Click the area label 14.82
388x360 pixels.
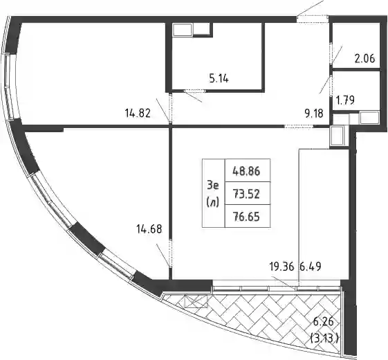138,114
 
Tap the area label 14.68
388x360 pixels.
149,229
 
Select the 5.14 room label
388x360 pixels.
219,78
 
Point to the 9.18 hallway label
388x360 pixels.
314,114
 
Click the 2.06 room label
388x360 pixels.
365,59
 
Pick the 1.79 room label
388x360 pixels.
345,100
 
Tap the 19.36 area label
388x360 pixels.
282,267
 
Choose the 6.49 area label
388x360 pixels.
311,267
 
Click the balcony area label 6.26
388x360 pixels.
324,322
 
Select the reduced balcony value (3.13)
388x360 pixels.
324,338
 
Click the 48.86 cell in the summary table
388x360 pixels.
246,171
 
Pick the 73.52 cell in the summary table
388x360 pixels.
246,194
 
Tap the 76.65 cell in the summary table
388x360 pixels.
246,217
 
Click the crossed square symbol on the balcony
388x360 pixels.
196,302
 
